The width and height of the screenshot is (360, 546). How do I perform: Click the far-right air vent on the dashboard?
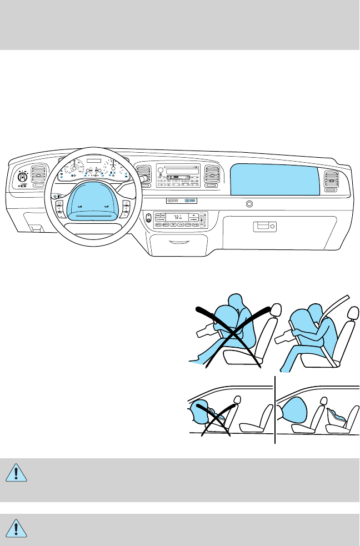(x=334, y=181)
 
